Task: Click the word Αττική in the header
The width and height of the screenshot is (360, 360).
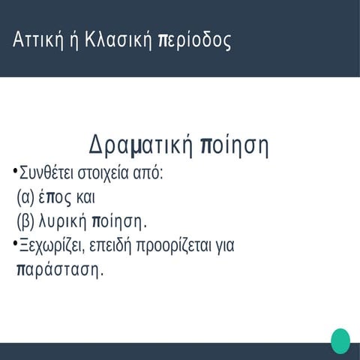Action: click(38, 40)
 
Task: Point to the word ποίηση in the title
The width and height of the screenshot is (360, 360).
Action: click(235, 144)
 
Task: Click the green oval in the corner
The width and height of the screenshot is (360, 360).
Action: click(340, 340)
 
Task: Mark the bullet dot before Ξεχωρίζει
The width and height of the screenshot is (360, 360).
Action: click(14, 242)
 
